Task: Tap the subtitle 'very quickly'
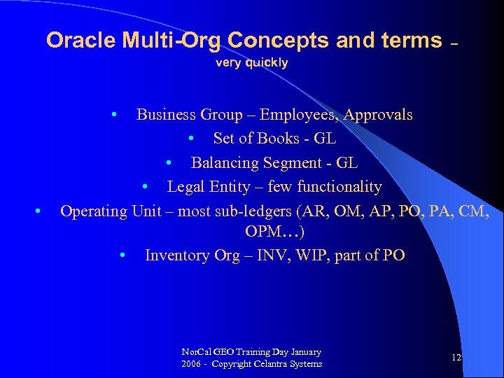click(x=251, y=63)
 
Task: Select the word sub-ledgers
click(x=255, y=211)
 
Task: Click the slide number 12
click(x=456, y=358)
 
